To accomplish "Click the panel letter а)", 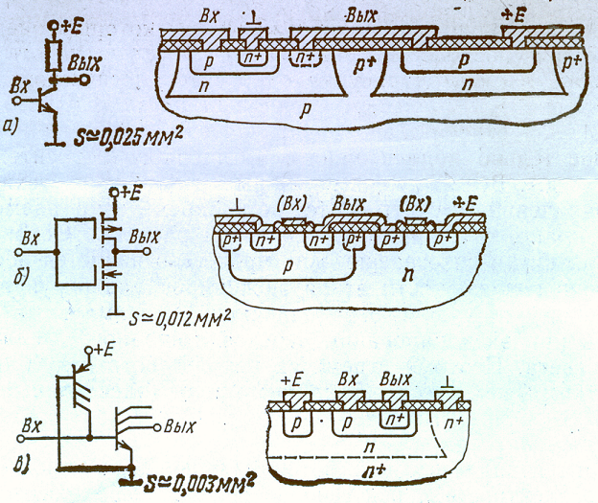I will pos(13,123).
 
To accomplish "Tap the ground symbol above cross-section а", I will pos(251,18).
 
